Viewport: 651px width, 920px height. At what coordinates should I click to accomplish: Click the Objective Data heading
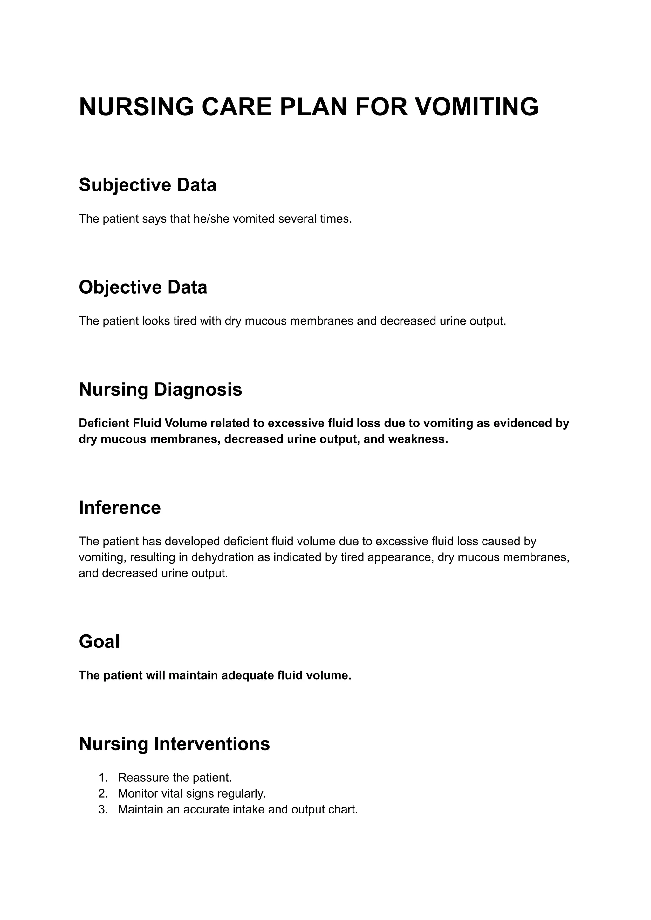tap(143, 287)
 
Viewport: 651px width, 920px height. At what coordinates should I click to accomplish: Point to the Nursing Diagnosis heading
tap(160, 390)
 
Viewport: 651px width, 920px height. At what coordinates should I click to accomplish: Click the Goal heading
tap(99, 642)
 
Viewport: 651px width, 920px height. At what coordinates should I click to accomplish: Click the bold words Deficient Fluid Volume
tap(142, 424)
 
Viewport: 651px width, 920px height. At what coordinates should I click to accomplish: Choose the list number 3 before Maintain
tap(103, 810)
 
